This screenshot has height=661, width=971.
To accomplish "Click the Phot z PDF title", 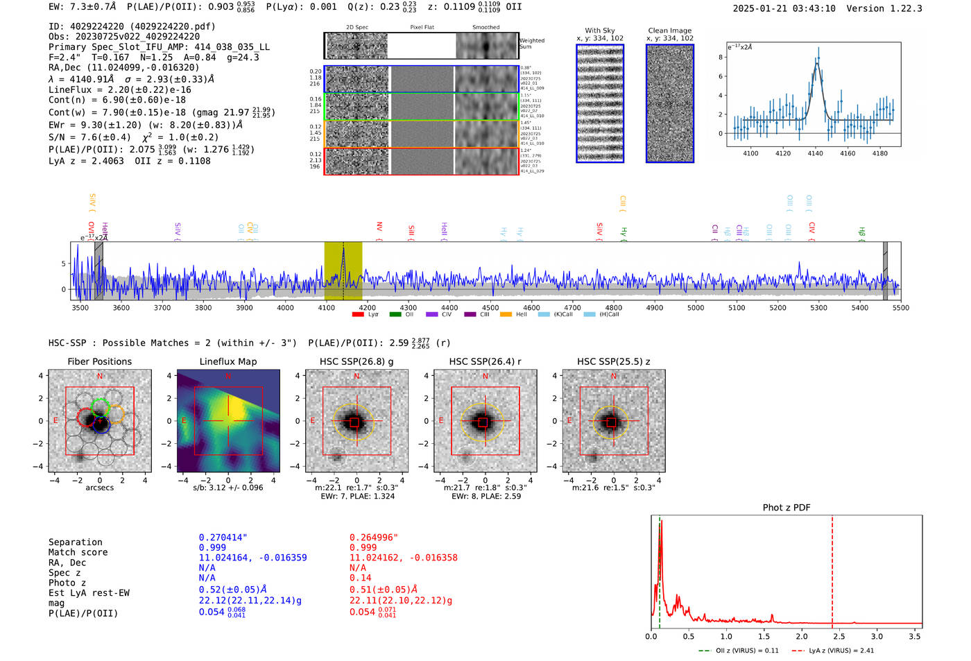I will (x=787, y=508).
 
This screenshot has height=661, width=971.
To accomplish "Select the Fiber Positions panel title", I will (x=99, y=361).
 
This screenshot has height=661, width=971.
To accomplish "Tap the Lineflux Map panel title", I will (x=228, y=361).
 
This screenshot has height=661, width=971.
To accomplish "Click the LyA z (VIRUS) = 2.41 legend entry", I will (x=832, y=651).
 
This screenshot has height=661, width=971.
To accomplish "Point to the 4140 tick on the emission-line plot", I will (x=815, y=153).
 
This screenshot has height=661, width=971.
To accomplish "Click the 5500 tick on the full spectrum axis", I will (x=900, y=308).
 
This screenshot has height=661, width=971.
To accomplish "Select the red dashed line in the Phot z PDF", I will (x=832, y=569).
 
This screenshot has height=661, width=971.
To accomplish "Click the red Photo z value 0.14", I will (x=361, y=578).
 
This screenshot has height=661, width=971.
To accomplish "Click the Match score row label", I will (x=78, y=553).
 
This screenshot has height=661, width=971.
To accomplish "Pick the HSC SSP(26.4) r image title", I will (x=485, y=361).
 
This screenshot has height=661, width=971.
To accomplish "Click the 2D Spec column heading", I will (x=357, y=28).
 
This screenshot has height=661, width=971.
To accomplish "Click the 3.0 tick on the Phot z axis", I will (x=877, y=636).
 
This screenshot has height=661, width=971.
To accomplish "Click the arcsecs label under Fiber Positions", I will (x=99, y=488).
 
